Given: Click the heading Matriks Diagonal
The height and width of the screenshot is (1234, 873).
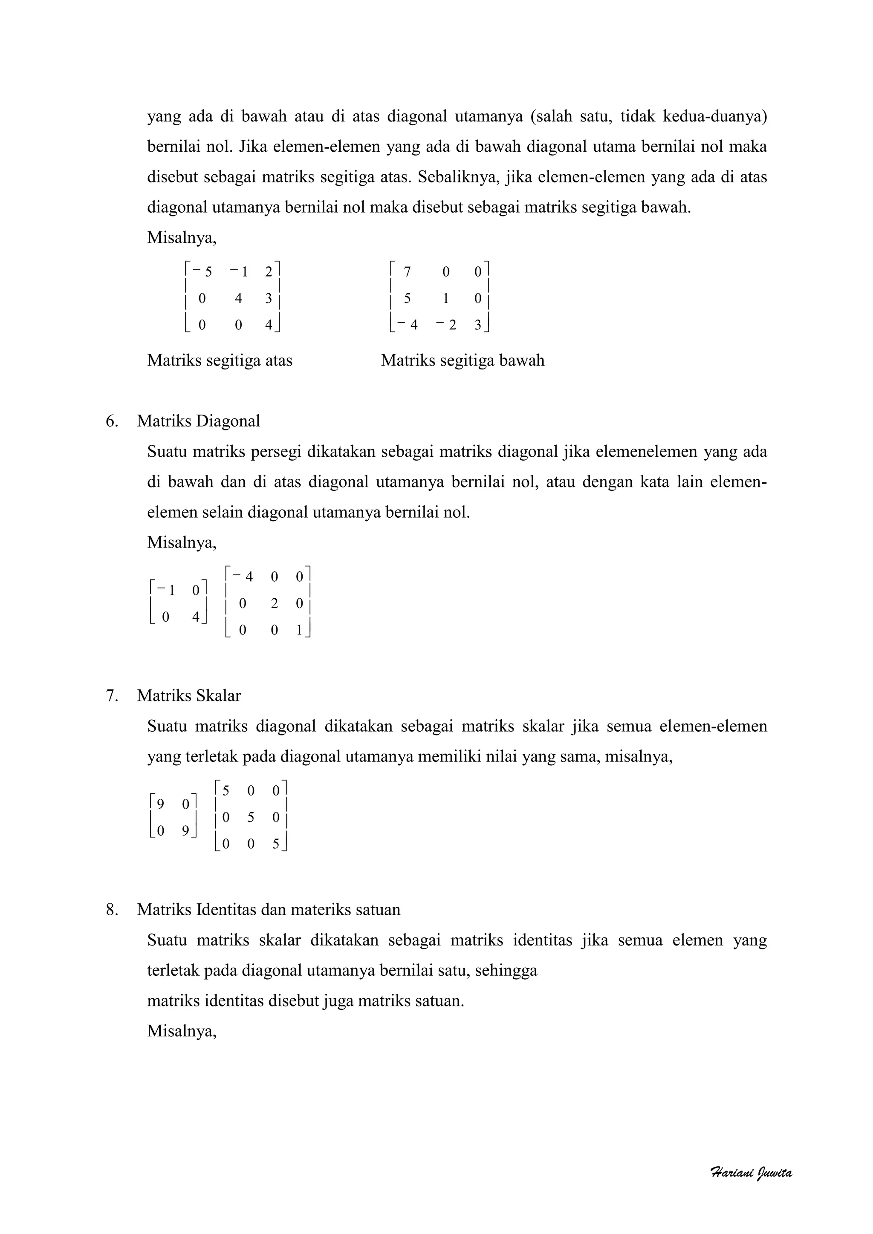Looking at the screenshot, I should [x=198, y=421].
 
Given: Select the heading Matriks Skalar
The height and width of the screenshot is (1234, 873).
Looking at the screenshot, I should [x=189, y=695].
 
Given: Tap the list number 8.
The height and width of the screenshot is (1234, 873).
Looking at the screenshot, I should [x=111, y=909].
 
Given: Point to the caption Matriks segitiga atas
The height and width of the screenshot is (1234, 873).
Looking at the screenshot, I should [x=220, y=360].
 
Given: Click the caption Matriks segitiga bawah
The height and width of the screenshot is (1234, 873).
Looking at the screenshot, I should [x=463, y=360].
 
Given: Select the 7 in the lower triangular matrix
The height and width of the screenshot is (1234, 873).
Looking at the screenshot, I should [x=407, y=272].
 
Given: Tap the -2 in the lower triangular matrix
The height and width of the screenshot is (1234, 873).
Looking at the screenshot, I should [x=447, y=325].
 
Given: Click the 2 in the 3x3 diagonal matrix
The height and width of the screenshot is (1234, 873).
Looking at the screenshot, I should [x=274, y=603].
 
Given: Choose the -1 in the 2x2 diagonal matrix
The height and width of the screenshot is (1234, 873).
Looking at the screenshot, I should [x=167, y=591].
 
